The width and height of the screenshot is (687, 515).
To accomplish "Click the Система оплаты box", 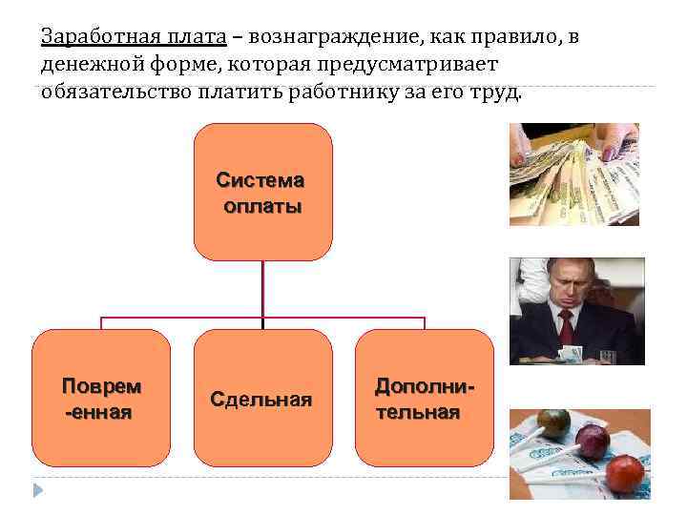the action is [x=262, y=192].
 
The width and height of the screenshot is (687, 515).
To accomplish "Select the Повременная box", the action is [x=101, y=398].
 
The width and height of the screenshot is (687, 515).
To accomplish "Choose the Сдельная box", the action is [x=262, y=398].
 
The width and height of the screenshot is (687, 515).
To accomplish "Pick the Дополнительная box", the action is [x=424, y=398].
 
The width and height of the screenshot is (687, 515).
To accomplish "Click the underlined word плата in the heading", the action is [x=198, y=37].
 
